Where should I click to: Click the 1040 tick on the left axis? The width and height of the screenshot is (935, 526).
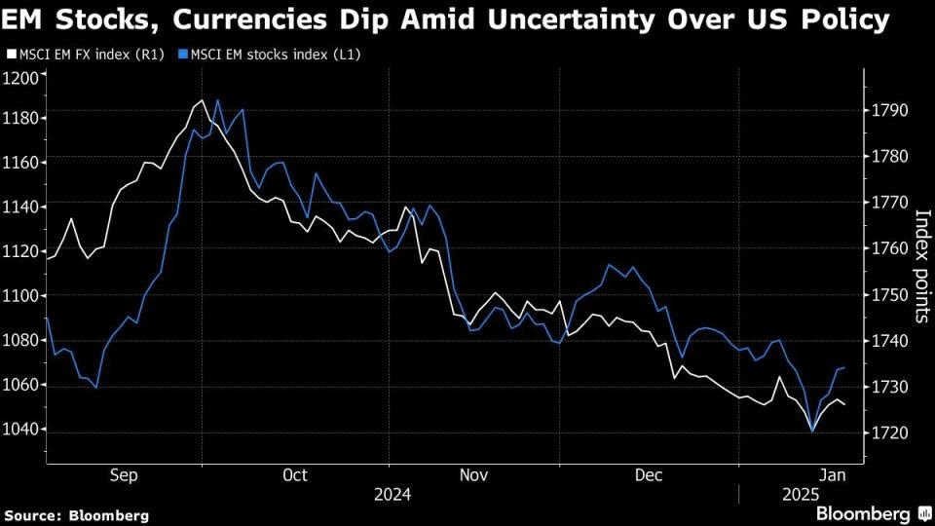pos(21,430)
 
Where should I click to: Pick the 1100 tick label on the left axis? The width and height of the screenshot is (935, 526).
pos(21,296)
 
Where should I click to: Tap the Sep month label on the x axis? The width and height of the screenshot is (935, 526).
pos(123,474)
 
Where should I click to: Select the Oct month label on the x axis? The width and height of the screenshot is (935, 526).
pos(294,474)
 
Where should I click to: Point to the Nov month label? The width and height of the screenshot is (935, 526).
pos(472,474)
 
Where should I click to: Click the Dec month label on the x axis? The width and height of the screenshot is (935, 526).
pos(648,474)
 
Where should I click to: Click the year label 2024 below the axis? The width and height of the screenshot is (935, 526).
pos(393,495)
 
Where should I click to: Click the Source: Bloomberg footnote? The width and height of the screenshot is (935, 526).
pos(76,514)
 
